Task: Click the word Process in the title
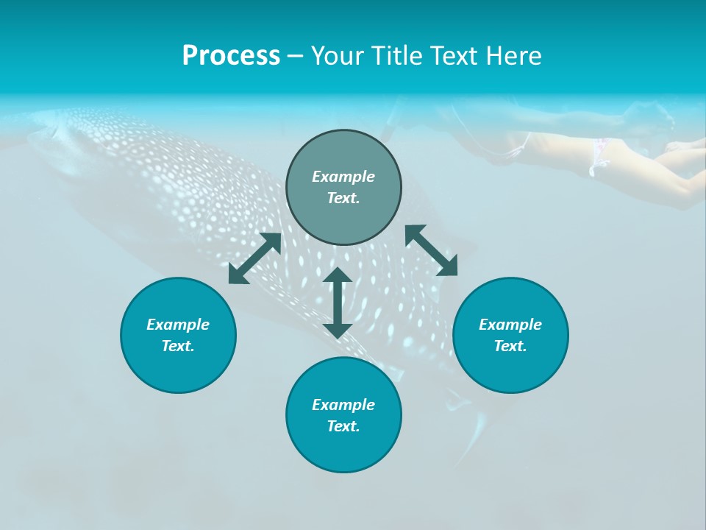[231, 56]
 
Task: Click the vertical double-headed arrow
[338, 303]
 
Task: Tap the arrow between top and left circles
[254, 258]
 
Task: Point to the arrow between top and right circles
[432, 250]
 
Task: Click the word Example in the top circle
[343, 177]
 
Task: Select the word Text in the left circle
[178, 346]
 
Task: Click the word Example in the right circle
[510, 325]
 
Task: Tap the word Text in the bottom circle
[343, 426]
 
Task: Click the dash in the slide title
[295, 57]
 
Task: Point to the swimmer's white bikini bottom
[599, 157]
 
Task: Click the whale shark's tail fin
[471, 434]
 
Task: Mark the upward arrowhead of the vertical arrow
[338, 277]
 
